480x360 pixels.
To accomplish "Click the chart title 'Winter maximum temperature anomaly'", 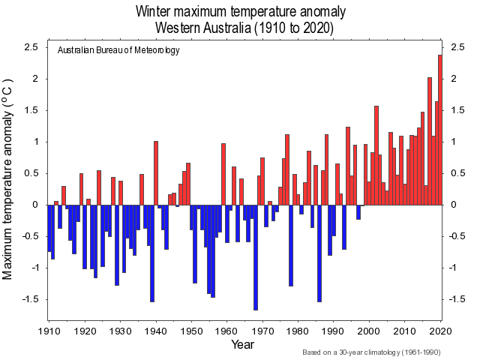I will (241, 12).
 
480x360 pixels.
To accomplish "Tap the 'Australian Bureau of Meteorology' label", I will (118, 50).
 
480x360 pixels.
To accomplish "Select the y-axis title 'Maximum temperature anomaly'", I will (9, 178).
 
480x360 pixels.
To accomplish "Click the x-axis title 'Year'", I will (242, 345).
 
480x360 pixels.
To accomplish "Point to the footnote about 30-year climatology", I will (371, 352).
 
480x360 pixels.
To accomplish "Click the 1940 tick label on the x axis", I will (156, 330).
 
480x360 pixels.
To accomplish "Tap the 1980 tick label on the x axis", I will (298, 330).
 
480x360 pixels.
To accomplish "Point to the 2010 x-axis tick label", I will (404, 330).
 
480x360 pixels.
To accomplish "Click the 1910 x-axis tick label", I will (49, 330).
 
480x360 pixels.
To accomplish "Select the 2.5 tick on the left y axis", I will (31, 47).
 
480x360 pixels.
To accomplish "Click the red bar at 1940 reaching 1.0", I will (156, 172).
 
